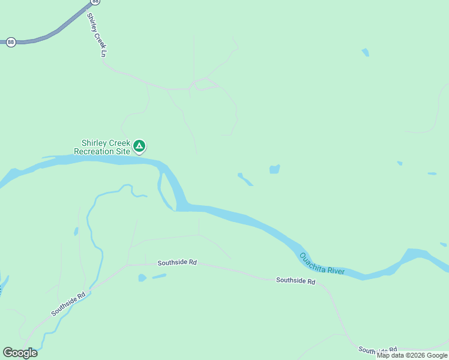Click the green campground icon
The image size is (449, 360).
coord(139,146)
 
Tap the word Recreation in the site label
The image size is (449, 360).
coord(92,151)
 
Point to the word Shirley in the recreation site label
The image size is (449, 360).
coord(94,143)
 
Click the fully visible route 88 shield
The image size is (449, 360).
coord(11,42)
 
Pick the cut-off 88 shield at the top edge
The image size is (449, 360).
coord(96,2)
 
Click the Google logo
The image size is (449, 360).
coord(20,353)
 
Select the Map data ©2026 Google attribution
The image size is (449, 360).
coord(412,355)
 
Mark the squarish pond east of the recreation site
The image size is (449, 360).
coord(274,170)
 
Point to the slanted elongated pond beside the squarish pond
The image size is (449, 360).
coord(245,179)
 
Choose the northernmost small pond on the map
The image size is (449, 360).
coord(365,53)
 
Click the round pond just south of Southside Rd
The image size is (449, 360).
coord(142,278)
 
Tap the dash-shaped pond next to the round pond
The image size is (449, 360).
coord(159,276)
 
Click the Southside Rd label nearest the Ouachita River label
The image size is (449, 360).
coord(295,281)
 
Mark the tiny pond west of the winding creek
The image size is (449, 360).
coord(76,232)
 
